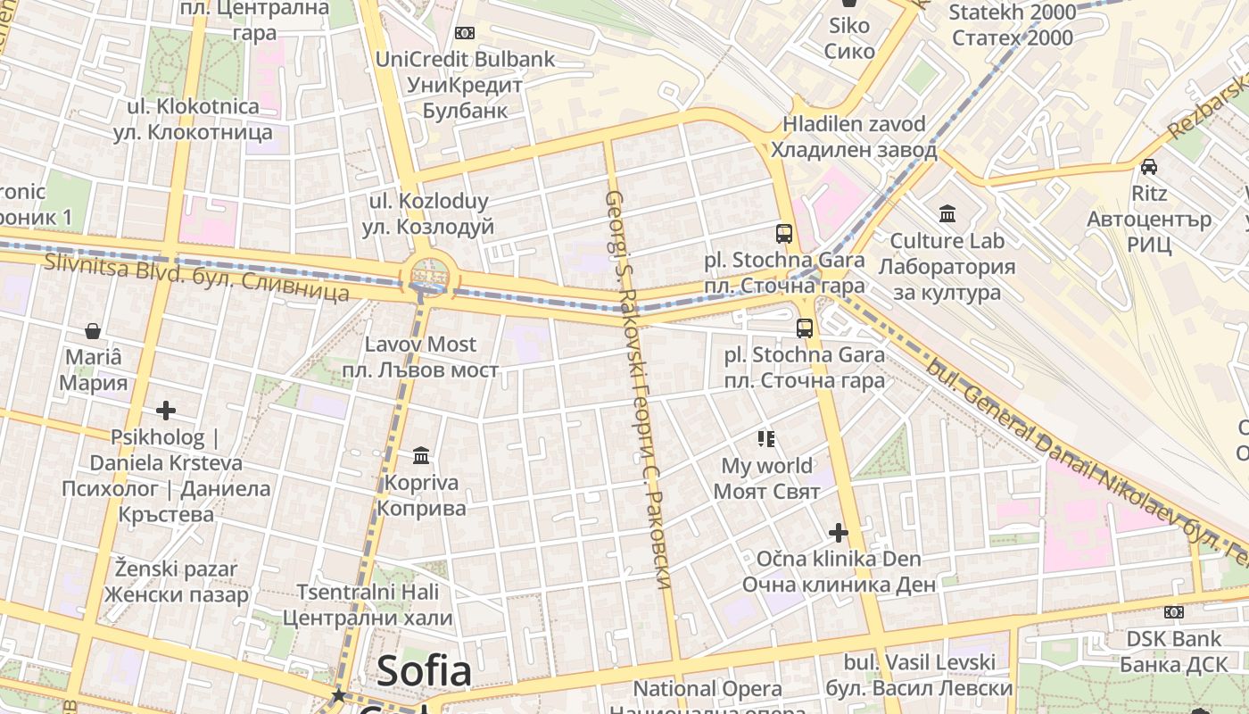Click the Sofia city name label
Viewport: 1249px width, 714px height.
coord(424,671)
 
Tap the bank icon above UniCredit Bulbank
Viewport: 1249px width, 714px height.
coord(464,33)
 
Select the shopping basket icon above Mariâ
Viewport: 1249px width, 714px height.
coord(93,332)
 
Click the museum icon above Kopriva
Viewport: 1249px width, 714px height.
coord(421,457)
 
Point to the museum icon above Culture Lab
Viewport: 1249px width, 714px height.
coord(947,214)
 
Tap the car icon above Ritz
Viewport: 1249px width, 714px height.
coord(1149,167)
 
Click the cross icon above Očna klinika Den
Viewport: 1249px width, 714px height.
coord(839,533)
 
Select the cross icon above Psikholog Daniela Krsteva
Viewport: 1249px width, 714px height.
coord(166,411)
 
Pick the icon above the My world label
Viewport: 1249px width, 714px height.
coord(766,438)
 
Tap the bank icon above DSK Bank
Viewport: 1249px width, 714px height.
coord(1174,612)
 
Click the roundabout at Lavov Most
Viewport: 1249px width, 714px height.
coord(429,275)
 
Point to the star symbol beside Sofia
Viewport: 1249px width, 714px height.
coord(338,694)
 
